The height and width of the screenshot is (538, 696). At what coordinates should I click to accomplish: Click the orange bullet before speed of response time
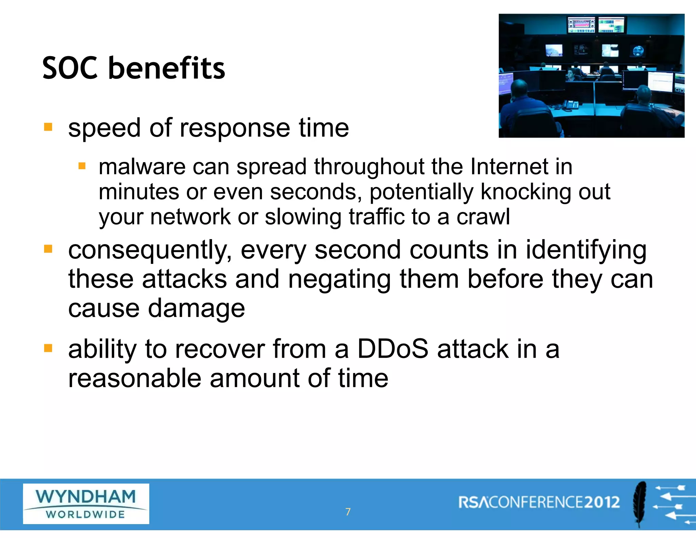[x=48, y=127]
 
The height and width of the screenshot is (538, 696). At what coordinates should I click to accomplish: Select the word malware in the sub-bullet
[x=142, y=167]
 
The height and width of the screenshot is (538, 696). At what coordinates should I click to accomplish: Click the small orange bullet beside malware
[x=82, y=166]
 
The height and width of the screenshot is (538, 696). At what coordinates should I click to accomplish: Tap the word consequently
[x=150, y=251]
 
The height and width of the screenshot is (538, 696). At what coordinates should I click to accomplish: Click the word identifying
[x=586, y=251]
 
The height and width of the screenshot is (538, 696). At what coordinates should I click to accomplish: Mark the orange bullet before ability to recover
[x=48, y=348]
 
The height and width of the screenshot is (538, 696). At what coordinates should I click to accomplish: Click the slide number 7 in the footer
[x=348, y=511]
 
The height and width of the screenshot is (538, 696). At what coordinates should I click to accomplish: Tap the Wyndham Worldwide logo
[x=86, y=504]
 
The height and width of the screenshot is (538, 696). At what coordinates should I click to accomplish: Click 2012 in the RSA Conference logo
[x=602, y=502]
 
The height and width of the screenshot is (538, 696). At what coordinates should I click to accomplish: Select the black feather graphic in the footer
[x=640, y=503]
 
